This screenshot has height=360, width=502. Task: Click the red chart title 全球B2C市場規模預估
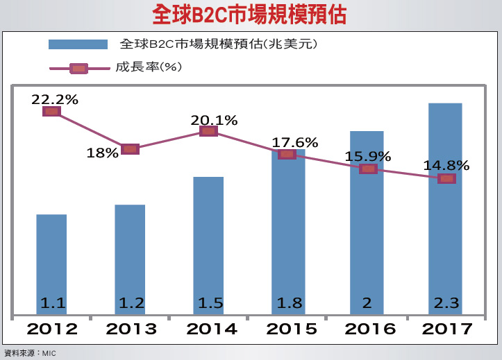(x=250, y=15)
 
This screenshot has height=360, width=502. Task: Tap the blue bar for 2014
(x=208, y=243)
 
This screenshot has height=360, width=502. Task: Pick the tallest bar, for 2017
(x=445, y=208)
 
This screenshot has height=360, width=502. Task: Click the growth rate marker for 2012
(x=51, y=111)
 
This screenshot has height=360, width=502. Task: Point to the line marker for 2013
(x=130, y=148)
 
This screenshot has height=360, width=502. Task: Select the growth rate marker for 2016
(x=368, y=169)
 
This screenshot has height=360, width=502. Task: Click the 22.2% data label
(x=54, y=99)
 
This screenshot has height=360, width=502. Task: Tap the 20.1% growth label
(x=214, y=120)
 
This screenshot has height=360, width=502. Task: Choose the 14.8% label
(x=446, y=166)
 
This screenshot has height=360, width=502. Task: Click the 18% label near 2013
(x=102, y=153)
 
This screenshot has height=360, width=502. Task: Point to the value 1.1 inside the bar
(x=53, y=303)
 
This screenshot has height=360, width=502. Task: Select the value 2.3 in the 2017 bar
(x=446, y=303)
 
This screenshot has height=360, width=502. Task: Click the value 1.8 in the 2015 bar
(x=288, y=303)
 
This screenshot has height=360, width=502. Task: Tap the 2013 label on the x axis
(x=131, y=328)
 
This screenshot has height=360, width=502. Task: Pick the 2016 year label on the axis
(x=368, y=328)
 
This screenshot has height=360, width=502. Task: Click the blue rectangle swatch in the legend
(x=78, y=44)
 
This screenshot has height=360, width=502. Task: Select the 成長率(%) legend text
(x=148, y=67)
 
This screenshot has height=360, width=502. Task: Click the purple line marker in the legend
(x=78, y=68)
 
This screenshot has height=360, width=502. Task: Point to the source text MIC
(x=48, y=353)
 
